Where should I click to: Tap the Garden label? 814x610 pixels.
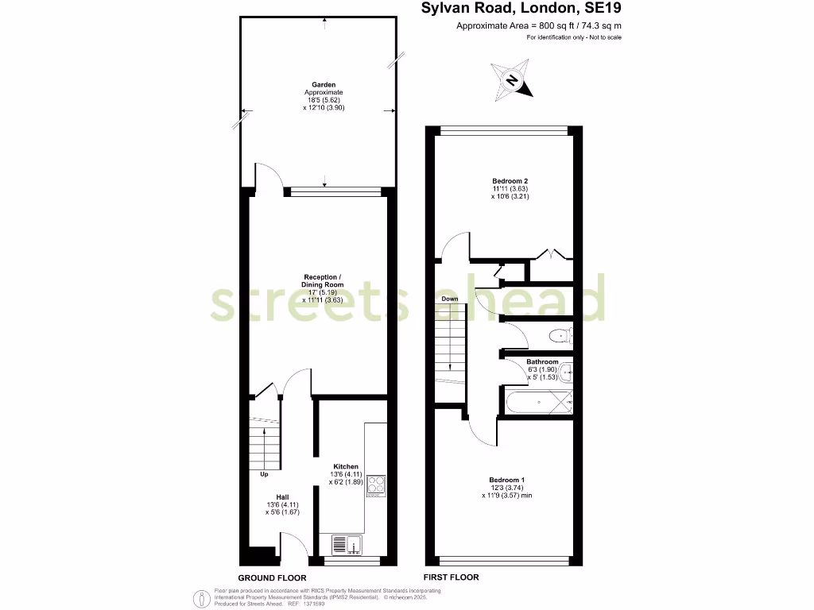pos(324,84)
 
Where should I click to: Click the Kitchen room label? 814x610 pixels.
pos(346,466)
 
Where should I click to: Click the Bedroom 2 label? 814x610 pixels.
pos(510,181)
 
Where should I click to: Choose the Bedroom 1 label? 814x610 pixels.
pos(506,480)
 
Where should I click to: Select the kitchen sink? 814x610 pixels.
pos(347,544)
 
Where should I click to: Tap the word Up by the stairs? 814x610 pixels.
pos(264,475)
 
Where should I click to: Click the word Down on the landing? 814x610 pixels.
pos(450,299)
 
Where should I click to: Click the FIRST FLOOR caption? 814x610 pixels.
pos(451,577)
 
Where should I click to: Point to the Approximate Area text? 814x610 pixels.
pos(538,25)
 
